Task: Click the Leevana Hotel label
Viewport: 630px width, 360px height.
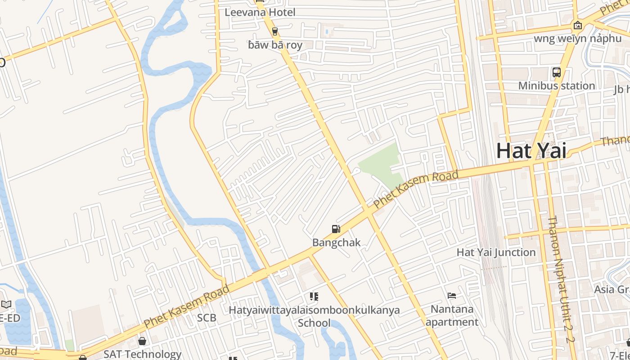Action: click(x=260, y=12)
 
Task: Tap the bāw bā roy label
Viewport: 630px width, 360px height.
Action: click(x=275, y=45)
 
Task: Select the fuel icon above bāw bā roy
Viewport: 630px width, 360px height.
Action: click(x=275, y=31)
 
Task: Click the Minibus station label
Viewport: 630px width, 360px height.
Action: click(x=556, y=85)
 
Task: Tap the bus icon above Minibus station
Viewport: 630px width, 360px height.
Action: click(x=556, y=72)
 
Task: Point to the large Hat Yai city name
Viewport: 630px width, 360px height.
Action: click(x=531, y=151)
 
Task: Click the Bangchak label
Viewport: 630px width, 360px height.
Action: click(x=336, y=243)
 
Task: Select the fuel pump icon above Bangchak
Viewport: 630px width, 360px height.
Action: click(x=336, y=229)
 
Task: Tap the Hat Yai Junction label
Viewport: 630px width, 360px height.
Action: click(x=496, y=252)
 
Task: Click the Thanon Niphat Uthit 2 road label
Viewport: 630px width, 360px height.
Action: click(x=561, y=279)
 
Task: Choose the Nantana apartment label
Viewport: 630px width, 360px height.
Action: click(x=452, y=315)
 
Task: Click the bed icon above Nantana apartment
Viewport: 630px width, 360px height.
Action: click(x=452, y=296)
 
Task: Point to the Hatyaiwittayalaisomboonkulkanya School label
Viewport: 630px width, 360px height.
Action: click(x=314, y=316)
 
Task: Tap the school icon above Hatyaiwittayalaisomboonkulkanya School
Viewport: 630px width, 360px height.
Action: click(x=314, y=297)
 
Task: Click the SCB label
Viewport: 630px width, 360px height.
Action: click(x=207, y=318)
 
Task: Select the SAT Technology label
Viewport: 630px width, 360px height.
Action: click(x=142, y=354)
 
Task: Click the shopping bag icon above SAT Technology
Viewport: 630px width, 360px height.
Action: click(x=142, y=341)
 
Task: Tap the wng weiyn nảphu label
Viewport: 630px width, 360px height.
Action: click(x=577, y=38)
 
